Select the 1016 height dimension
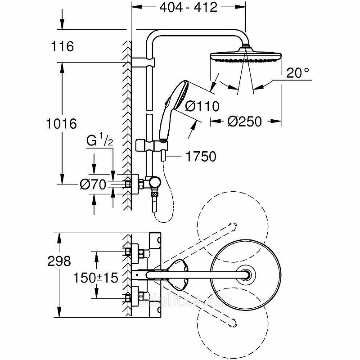(62, 123)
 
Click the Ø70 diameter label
(92, 184)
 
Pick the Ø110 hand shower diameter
(202, 107)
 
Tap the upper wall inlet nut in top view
(129, 251)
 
